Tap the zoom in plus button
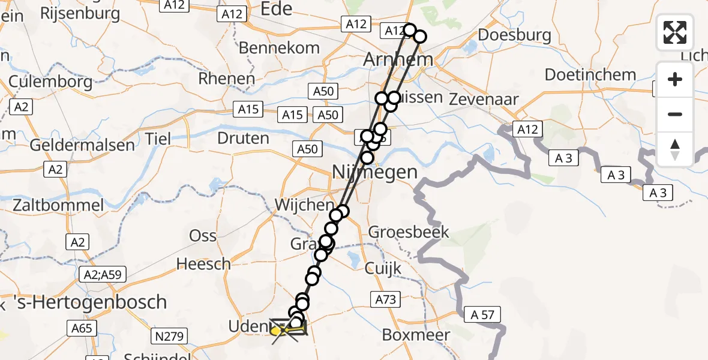675,79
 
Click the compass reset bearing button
675,149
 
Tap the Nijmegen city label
375,173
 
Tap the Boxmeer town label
416,335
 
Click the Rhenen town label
227,79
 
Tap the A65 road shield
82,328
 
